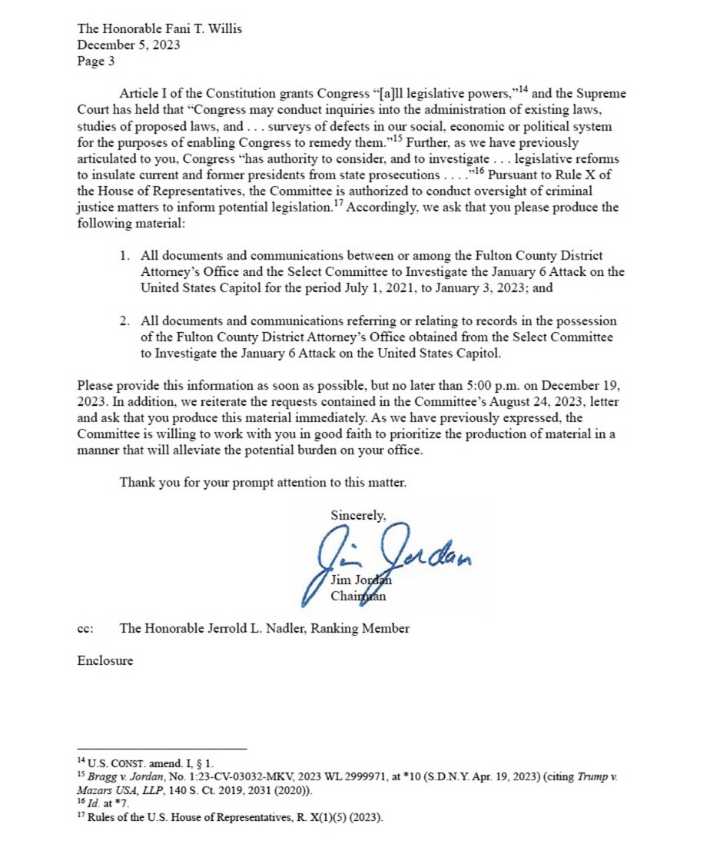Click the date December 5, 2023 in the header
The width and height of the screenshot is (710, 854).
tap(128, 45)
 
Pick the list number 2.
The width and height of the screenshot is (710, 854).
tap(124, 321)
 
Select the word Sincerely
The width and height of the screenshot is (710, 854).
tap(359, 515)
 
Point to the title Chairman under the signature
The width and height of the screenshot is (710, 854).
tap(358, 596)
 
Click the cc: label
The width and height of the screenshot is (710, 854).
tap(85, 629)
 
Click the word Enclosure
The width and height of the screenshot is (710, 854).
tap(105, 660)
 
